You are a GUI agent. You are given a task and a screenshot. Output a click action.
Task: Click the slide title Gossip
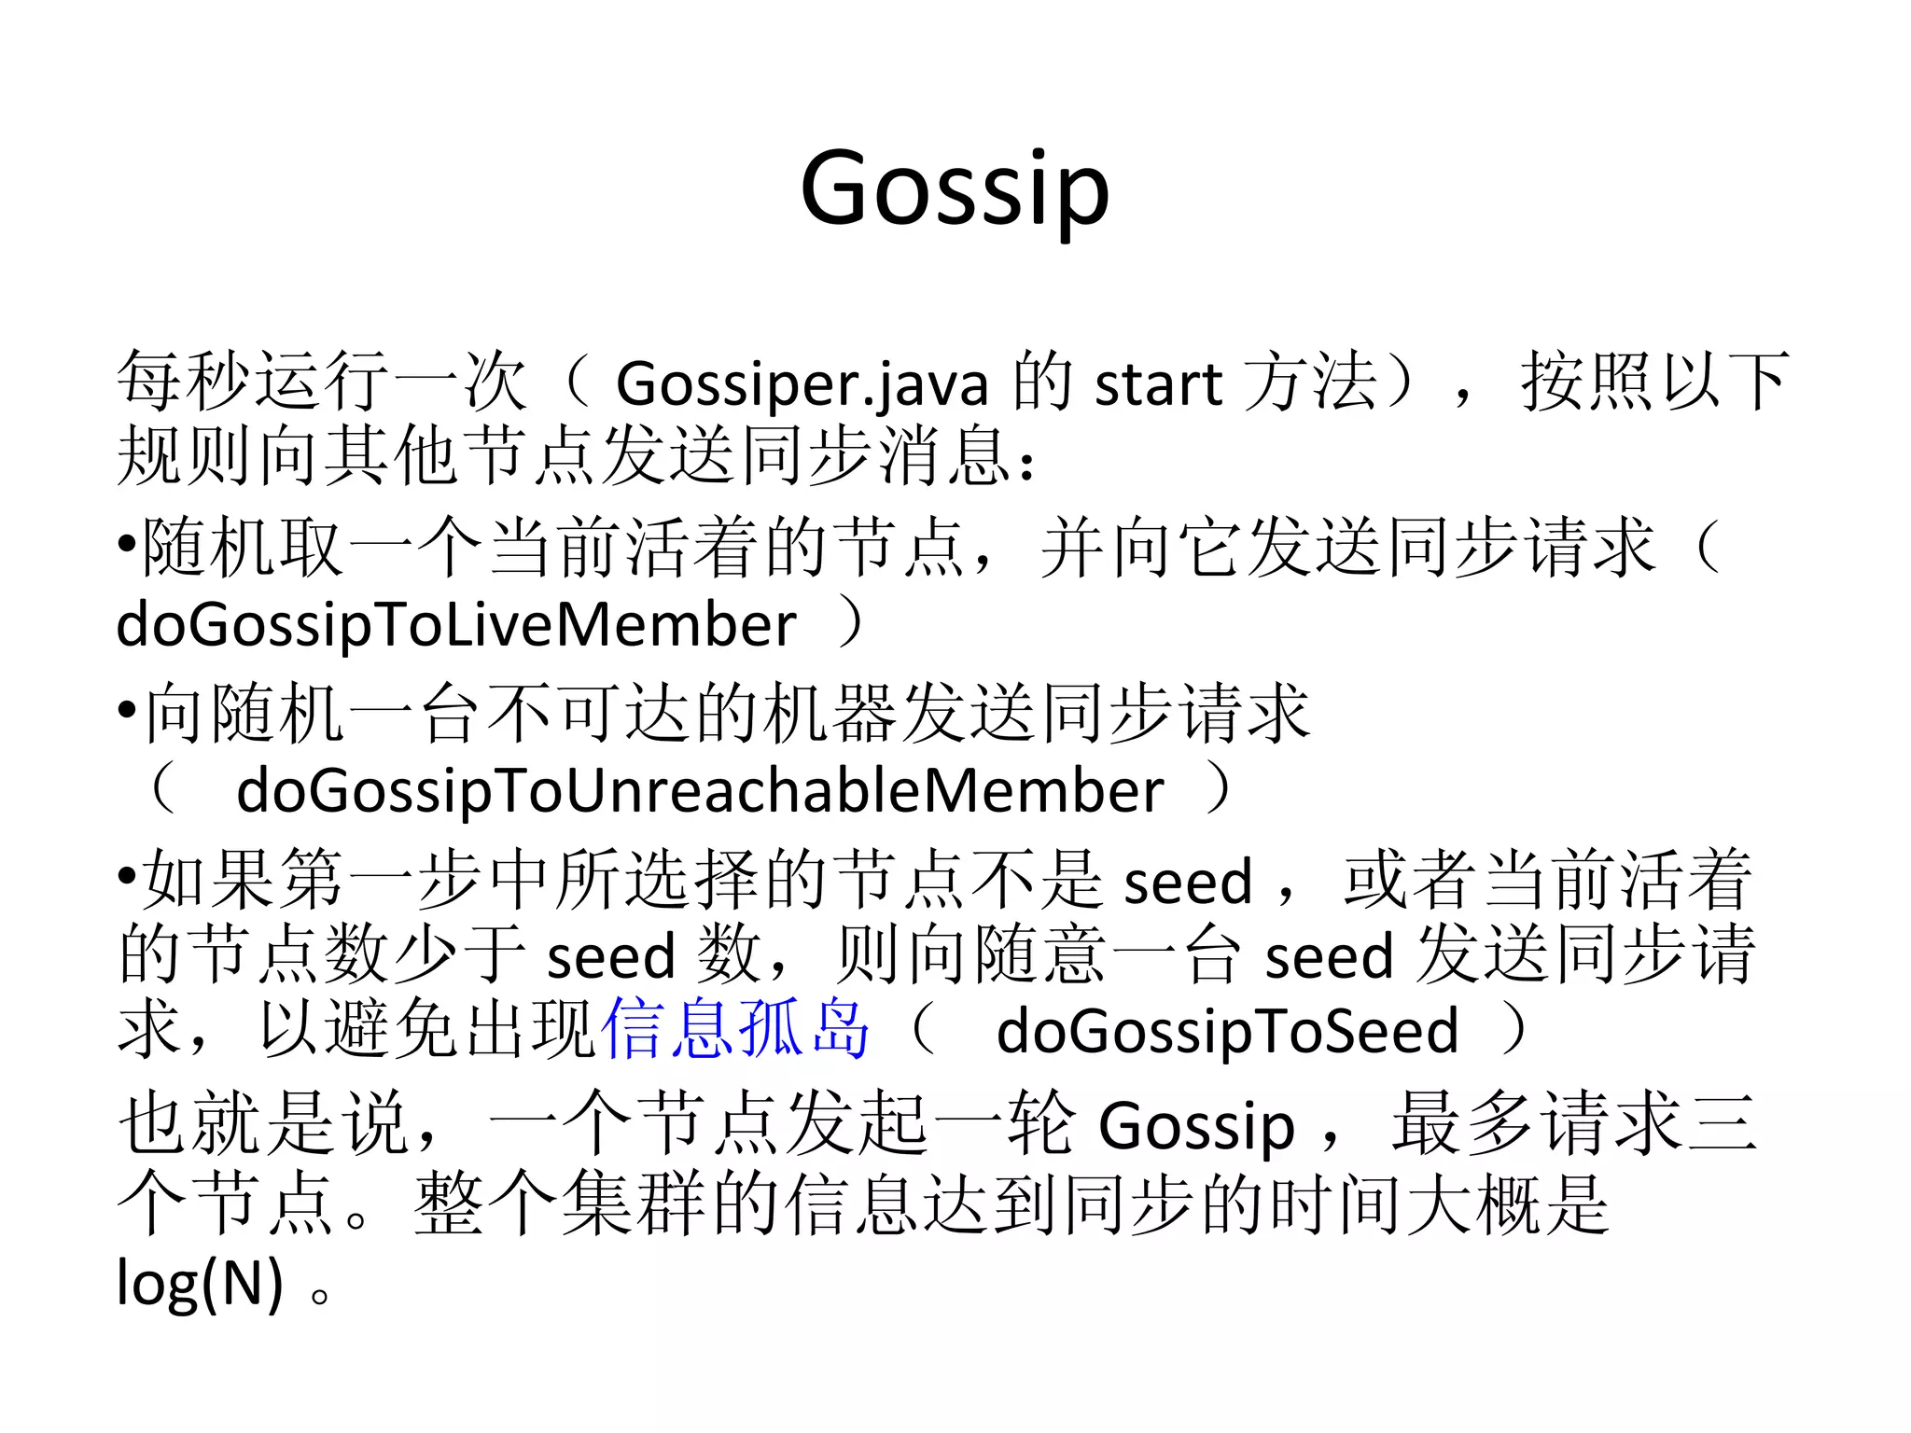point(955,189)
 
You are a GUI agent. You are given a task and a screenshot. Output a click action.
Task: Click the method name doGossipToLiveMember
point(456,624)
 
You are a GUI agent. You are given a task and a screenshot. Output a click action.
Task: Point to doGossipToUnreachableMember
point(700,791)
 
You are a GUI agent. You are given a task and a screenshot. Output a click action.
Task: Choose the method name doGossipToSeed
point(1226,1032)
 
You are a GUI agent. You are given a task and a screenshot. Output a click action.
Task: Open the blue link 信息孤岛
point(735,1029)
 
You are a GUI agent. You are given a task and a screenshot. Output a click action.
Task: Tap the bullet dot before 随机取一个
point(127,545)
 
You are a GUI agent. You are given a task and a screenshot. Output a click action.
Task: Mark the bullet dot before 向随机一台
point(127,711)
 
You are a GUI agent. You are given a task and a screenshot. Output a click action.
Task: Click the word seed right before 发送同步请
point(1328,957)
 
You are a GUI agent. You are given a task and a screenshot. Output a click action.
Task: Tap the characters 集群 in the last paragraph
point(632,1204)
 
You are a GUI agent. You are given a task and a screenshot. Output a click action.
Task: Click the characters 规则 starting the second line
point(185,457)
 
